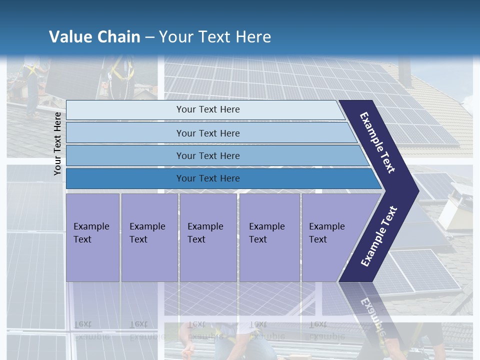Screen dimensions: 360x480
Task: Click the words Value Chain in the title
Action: click(x=94, y=37)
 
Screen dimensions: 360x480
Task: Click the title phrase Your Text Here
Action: click(x=215, y=37)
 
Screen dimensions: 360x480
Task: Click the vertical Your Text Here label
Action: click(x=57, y=143)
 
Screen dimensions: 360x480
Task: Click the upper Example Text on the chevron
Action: click(x=378, y=143)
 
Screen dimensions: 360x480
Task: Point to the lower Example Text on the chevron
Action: click(x=378, y=236)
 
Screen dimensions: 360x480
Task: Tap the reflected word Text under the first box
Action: click(x=82, y=323)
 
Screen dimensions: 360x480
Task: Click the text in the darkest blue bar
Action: click(x=208, y=178)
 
